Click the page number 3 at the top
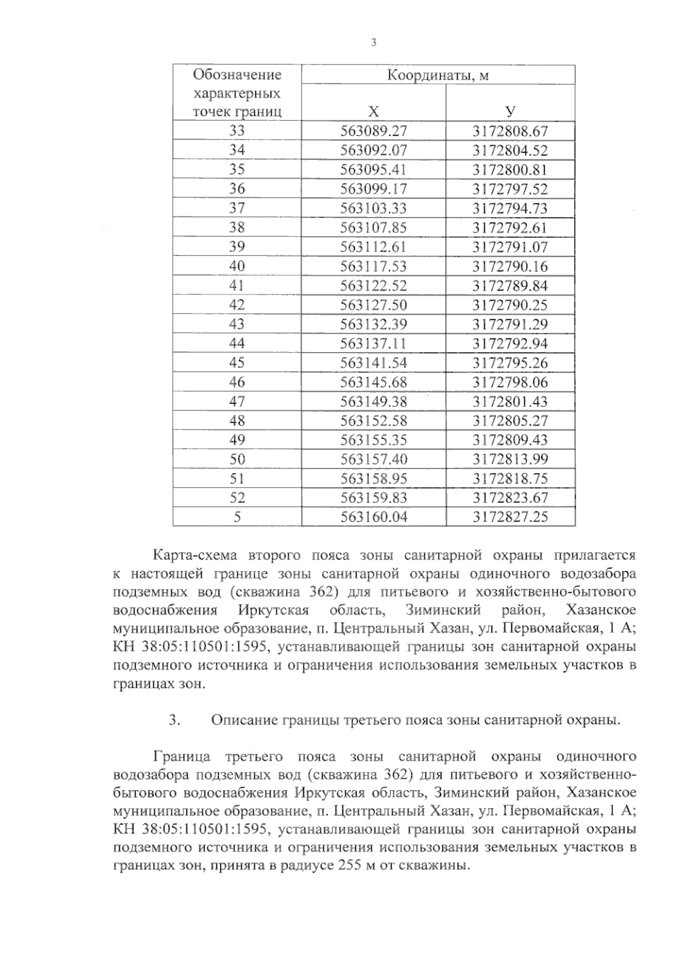coord(373,43)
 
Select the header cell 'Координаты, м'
coord(438,75)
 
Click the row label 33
coord(237,131)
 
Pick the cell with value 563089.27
coord(373,131)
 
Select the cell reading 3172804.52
coord(510,150)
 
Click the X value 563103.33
coord(373,208)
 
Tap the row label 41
coord(237,285)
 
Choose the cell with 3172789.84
coord(510,285)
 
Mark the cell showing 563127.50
coord(373,305)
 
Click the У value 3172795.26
coord(510,363)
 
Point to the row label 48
coord(237,420)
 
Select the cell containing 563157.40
coord(373,459)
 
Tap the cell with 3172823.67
coord(510,497)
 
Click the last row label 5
coord(237,517)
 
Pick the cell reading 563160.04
coord(373,517)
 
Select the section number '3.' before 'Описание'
coord(174,720)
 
